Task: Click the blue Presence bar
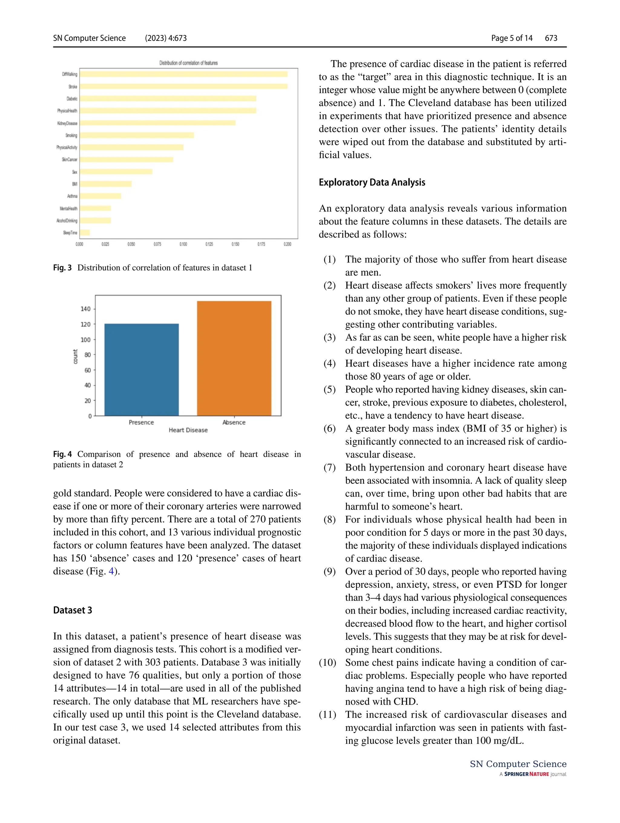click(x=141, y=369)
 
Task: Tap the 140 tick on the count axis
click(x=86, y=309)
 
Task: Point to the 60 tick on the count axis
click(x=87, y=370)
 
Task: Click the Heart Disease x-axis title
click(x=188, y=430)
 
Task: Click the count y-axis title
click(x=75, y=356)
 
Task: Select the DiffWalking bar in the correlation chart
click(x=183, y=74)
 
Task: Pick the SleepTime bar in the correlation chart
click(x=85, y=233)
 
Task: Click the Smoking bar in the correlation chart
click(x=137, y=135)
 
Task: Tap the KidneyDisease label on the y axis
click(x=67, y=123)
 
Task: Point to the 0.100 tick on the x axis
click(x=183, y=244)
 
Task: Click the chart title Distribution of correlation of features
click(x=188, y=63)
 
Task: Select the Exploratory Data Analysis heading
click(x=372, y=182)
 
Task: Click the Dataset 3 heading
click(x=72, y=610)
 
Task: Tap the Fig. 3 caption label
click(x=62, y=268)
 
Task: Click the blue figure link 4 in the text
click(x=111, y=571)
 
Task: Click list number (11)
click(x=327, y=714)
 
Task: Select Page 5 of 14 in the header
click(x=512, y=38)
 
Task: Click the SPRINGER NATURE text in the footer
click(x=526, y=774)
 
